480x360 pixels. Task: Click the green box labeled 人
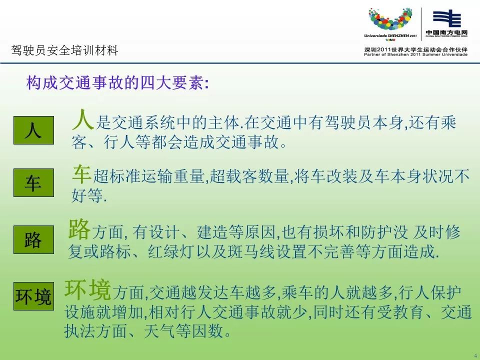(33, 130)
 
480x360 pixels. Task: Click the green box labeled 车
(33, 183)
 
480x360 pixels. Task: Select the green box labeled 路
(33, 239)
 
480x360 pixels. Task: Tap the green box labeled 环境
(33, 296)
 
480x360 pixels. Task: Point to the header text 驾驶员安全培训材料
(64, 50)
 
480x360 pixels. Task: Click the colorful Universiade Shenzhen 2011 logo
(390, 23)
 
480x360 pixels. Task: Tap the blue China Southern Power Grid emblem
(446, 18)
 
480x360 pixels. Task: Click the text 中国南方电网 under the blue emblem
(446, 32)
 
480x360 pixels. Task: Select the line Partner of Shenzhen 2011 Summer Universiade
(415, 55)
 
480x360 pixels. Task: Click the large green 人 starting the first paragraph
(82, 119)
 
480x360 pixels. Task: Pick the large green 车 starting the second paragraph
(81, 174)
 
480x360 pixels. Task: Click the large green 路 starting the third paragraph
(79, 228)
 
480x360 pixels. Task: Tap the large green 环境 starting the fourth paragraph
(87, 289)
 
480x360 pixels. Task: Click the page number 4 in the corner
(475, 355)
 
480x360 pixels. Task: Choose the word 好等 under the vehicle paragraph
(87, 195)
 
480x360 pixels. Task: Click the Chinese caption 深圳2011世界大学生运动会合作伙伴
(415, 49)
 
